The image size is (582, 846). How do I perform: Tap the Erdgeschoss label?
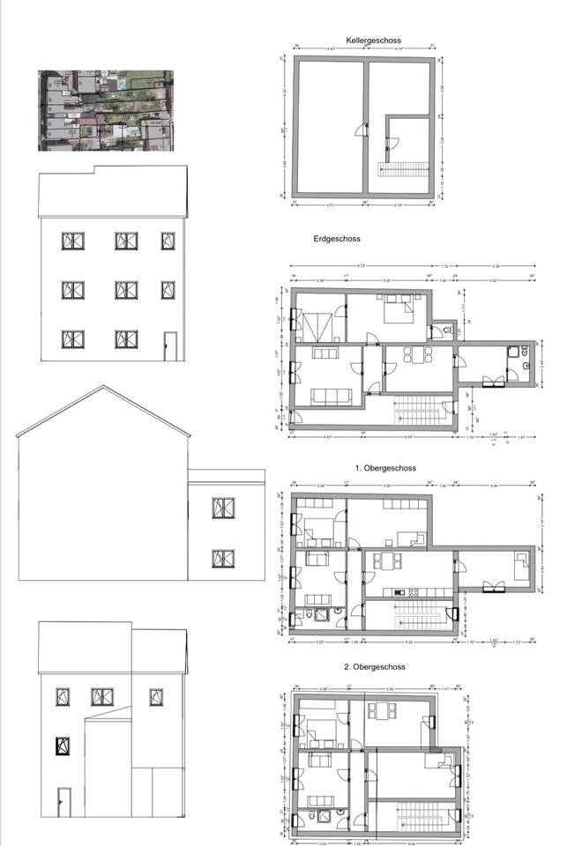337,239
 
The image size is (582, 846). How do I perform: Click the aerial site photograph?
106,111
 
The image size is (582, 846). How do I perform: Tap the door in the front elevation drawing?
169,346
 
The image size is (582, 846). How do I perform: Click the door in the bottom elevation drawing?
63,802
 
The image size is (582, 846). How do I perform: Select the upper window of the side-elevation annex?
223,508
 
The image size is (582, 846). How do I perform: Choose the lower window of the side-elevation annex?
223,558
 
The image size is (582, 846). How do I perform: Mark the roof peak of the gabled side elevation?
104,386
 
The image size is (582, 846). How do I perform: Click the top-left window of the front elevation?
72,241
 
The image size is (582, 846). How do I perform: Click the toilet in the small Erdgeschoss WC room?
449,330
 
